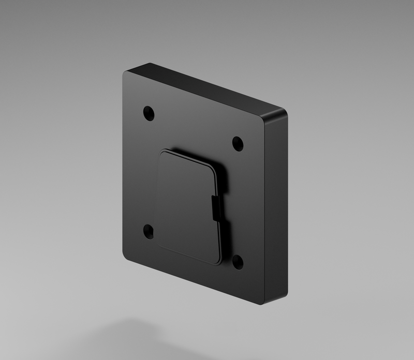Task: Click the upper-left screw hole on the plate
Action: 149,113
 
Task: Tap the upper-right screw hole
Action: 238,143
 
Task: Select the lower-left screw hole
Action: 149,231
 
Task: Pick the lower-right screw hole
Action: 238,262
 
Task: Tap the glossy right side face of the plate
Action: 275,207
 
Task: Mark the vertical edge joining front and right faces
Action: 263,207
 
